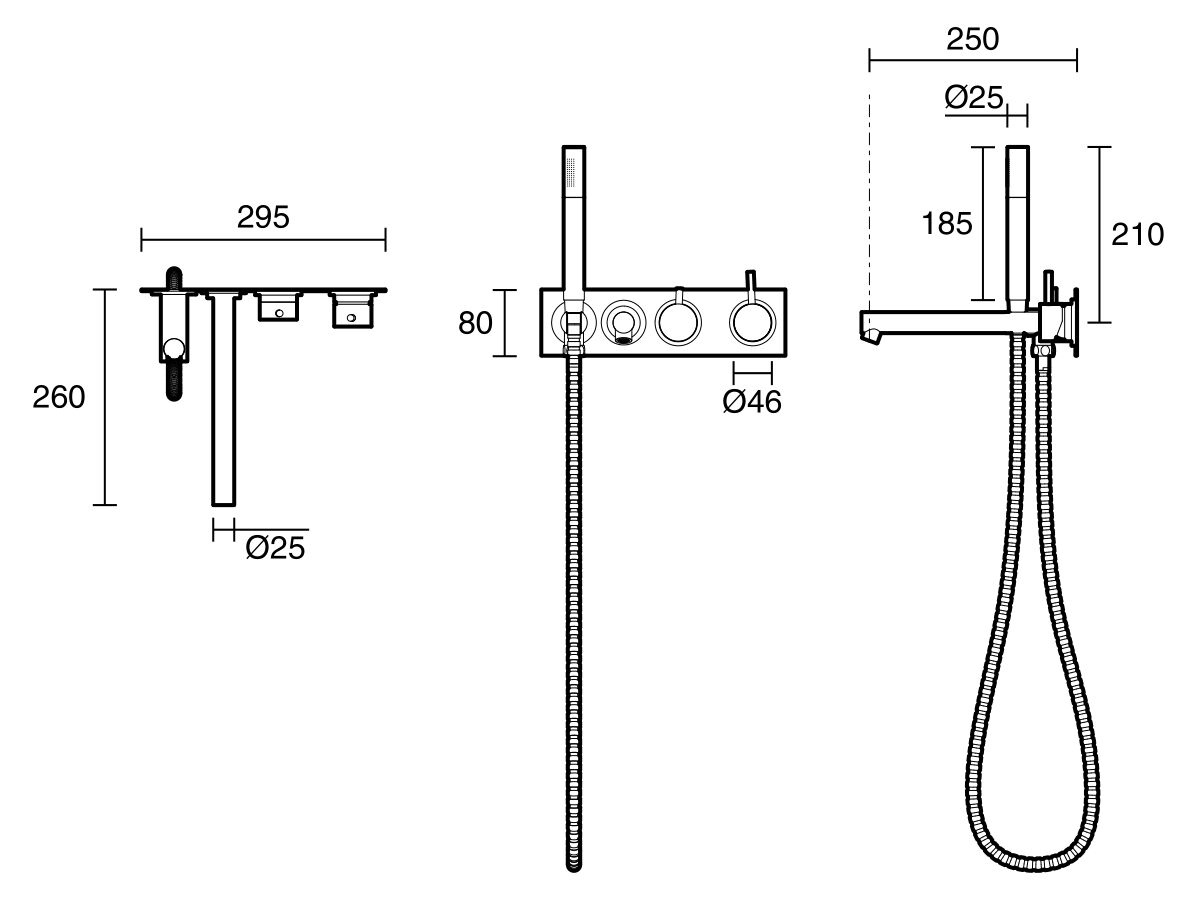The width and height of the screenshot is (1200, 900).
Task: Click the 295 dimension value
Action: tap(263, 217)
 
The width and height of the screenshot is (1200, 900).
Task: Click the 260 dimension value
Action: tap(59, 397)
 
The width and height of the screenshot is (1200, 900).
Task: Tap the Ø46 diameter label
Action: tap(752, 402)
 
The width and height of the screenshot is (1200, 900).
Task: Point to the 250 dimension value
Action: tap(971, 39)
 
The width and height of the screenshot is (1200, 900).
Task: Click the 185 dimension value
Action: tap(946, 224)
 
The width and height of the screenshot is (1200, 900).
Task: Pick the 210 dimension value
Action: tap(1138, 235)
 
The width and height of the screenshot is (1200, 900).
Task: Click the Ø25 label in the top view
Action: tap(275, 548)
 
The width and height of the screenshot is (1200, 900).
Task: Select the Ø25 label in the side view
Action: tap(973, 97)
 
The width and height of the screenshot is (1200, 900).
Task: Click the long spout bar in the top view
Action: tap(224, 400)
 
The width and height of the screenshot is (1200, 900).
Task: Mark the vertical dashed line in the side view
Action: tap(870, 200)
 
